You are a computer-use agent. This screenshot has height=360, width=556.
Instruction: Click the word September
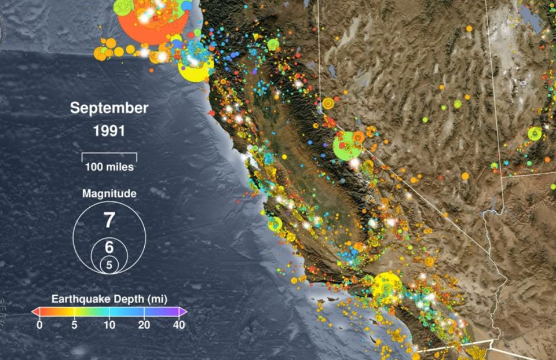(x=109, y=108)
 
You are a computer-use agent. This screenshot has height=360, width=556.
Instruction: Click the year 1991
(x=109, y=131)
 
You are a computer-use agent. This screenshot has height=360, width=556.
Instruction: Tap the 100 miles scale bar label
(x=109, y=167)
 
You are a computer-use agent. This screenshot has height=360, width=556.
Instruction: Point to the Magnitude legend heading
(x=109, y=193)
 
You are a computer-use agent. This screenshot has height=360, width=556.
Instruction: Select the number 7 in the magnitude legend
(x=109, y=220)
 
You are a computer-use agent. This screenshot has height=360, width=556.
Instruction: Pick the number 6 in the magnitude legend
(x=109, y=247)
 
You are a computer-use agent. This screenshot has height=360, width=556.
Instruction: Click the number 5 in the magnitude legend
(x=109, y=265)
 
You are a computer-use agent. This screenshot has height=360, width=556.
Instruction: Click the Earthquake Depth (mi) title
(x=109, y=299)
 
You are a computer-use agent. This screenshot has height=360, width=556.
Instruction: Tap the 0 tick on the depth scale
(x=39, y=325)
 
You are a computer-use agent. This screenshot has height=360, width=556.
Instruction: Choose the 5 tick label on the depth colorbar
(x=74, y=325)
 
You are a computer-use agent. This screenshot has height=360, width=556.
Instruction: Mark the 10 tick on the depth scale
(x=109, y=325)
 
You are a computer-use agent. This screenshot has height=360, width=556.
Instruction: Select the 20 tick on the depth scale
(x=144, y=325)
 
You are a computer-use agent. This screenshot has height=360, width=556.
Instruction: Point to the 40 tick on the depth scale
(x=179, y=325)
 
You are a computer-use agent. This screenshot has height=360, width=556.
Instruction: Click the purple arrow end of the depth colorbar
(x=183, y=311)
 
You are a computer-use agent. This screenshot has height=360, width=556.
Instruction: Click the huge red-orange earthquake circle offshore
(x=152, y=23)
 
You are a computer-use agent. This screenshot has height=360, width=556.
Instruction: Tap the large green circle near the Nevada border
(x=347, y=145)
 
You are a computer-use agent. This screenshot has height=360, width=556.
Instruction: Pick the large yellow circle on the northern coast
(x=196, y=68)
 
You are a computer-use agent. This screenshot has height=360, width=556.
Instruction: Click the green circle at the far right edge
(x=534, y=134)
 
